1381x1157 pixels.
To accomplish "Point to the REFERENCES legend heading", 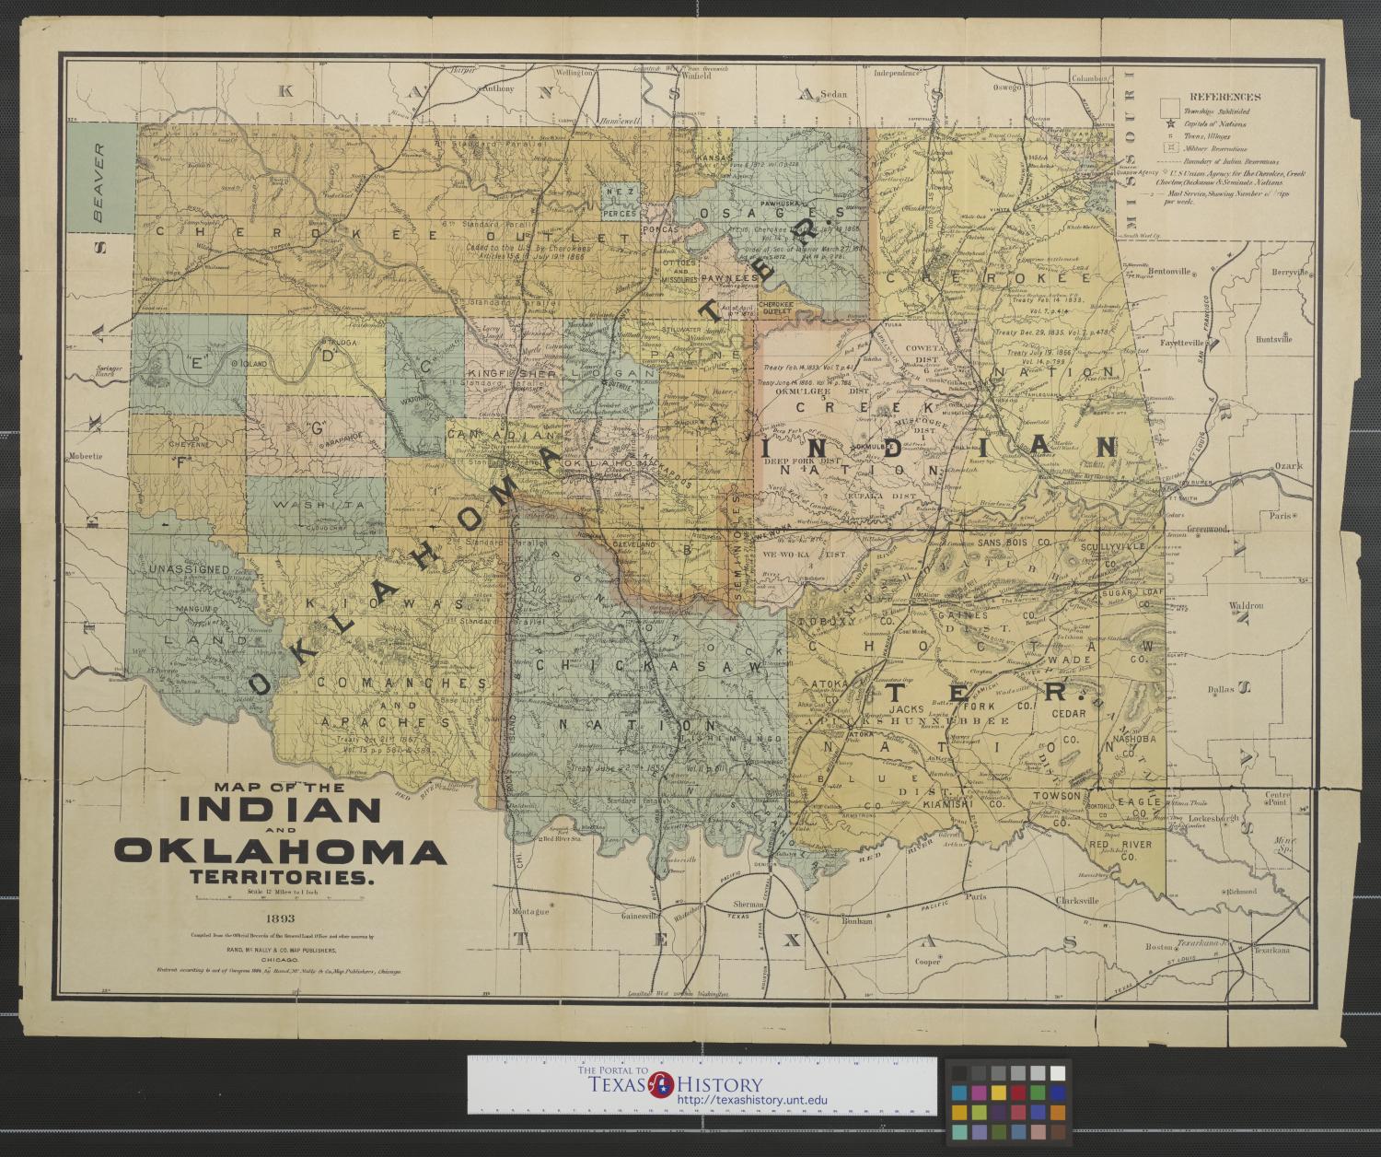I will (x=1224, y=97).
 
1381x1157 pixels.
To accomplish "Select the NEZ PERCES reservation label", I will (x=621, y=202).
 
